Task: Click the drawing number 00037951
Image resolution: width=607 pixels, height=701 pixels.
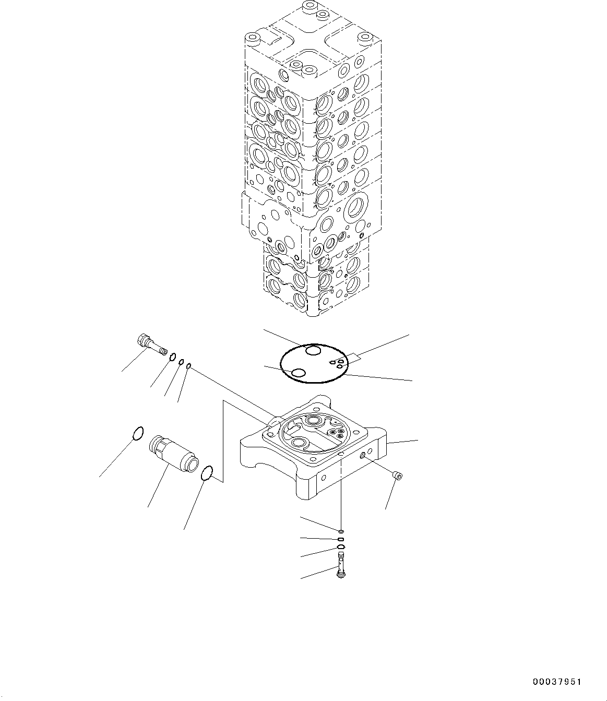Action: coord(556,682)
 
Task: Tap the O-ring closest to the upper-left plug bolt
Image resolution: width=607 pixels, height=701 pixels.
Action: coord(171,357)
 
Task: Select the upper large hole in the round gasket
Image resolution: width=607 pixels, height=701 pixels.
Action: coord(313,351)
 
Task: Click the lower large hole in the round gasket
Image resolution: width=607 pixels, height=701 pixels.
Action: coord(299,373)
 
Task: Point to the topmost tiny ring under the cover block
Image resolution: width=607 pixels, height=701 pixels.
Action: coord(340,531)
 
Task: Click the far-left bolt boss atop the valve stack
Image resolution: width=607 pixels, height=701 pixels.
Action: coord(254,38)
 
